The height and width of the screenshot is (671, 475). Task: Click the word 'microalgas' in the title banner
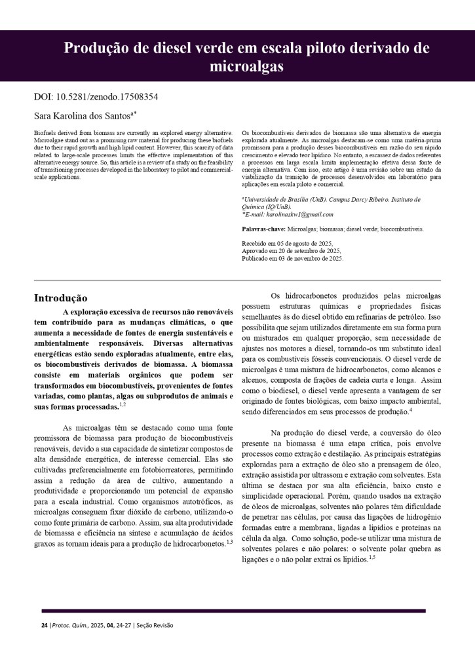click(x=246, y=66)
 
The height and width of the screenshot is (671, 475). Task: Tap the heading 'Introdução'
click(x=60, y=298)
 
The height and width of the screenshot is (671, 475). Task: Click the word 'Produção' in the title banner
click(x=96, y=48)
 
